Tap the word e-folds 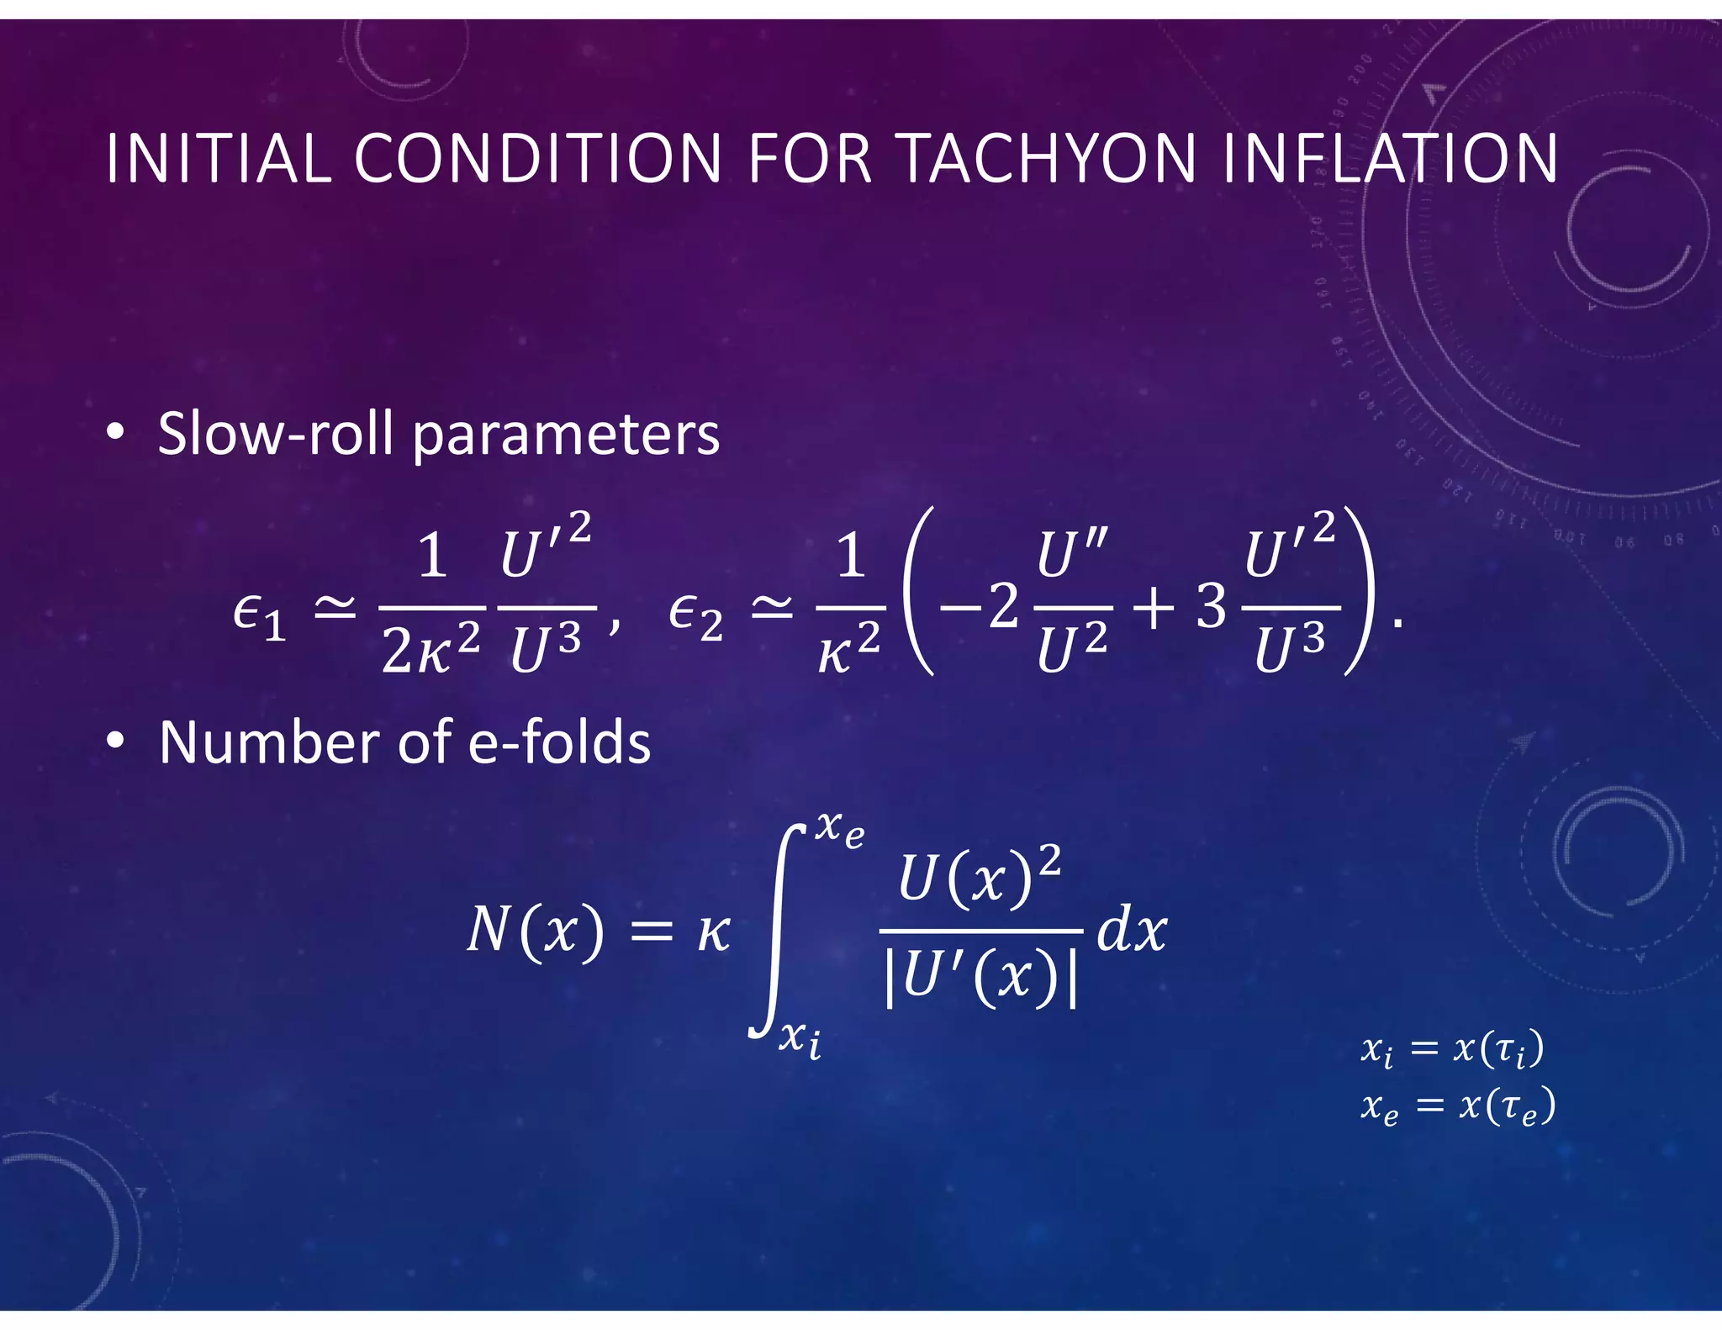pos(558,742)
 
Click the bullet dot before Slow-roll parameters pos(116,433)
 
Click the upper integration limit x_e pos(839,829)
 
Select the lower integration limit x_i pos(800,1037)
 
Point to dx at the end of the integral pos(1131,931)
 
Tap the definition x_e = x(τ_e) pos(1458,1106)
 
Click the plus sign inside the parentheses pos(1154,607)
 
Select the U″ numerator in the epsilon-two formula pos(1072,555)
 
